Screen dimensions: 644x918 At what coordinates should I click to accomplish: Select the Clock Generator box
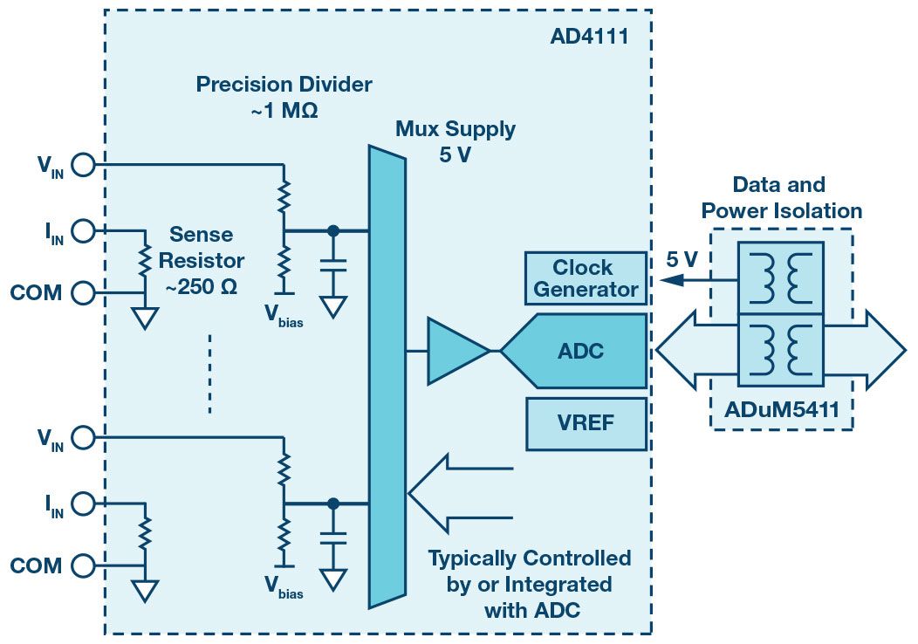586,278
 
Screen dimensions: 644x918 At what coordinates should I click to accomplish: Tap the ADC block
580,351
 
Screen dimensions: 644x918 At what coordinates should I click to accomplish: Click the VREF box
586,424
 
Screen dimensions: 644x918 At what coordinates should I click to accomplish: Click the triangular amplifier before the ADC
456,351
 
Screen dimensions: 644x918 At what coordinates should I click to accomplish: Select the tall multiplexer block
387,375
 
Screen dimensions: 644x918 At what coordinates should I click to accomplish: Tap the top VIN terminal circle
83,163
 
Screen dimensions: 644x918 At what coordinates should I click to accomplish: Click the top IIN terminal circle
83,231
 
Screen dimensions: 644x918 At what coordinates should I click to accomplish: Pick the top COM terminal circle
83,293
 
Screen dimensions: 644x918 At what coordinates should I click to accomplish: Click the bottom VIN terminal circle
83,436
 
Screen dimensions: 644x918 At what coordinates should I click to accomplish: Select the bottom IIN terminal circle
83,504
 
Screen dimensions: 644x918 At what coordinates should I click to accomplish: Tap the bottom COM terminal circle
83,565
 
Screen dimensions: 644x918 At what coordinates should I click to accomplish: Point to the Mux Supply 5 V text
455,141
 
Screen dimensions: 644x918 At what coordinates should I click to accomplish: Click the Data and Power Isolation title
781,197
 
